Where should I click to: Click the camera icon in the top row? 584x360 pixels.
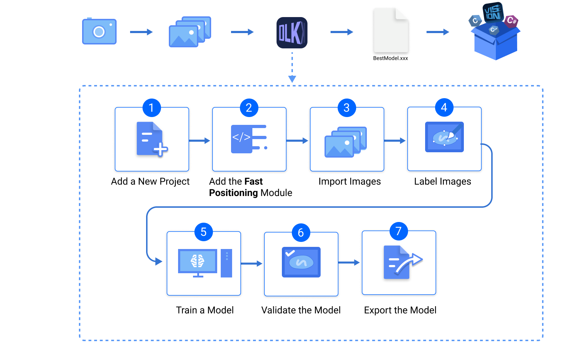[x=99, y=32]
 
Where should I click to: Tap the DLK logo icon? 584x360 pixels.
[x=292, y=32]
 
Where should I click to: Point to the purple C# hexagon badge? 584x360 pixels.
[x=511, y=21]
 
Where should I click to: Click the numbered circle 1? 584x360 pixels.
[x=151, y=107]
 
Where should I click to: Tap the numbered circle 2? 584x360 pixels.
[x=249, y=107]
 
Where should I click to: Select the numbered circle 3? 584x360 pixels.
[x=347, y=107]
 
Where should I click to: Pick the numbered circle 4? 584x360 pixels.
[x=444, y=107]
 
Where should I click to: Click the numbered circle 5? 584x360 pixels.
[x=203, y=232]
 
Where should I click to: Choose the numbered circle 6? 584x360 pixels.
[x=301, y=233]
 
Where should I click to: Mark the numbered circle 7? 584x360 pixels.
[x=398, y=231]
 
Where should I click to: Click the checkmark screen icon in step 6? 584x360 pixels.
[x=301, y=262]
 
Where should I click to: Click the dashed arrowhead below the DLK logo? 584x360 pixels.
[x=292, y=79]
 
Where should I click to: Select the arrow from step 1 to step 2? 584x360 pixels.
[x=200, y=141]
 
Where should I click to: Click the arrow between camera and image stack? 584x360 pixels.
[x=141, y=32]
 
